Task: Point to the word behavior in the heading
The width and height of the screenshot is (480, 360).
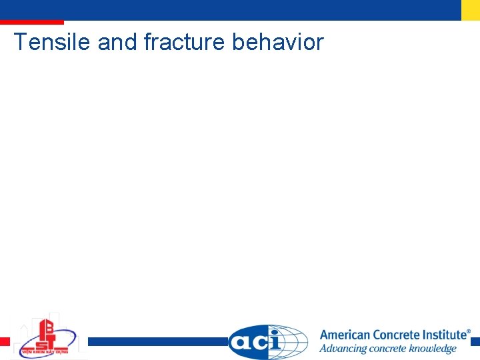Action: pos(277,42)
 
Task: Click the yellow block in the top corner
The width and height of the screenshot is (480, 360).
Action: pos(471,10)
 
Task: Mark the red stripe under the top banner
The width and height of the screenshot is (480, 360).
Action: pos(31,22)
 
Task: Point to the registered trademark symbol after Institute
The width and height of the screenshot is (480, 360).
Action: pos(468,331)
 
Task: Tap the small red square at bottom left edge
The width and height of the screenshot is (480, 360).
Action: pos(5,341)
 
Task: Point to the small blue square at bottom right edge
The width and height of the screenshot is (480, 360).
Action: pos(475,341)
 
